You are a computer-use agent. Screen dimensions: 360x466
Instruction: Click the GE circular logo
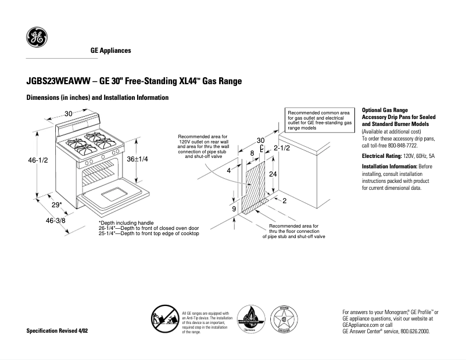click(x=37, y=38)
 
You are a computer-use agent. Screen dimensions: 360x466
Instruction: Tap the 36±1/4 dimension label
click(x=138, y=159)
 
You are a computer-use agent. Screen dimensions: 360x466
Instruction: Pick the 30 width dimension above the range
click(x=68, y=113)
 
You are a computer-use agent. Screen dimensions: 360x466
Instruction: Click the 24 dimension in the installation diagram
click(x=273, y=174)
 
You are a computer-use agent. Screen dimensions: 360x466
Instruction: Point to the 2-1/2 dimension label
click(x=282, y=148)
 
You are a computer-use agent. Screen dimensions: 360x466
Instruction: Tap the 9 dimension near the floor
click(x=234, y=208)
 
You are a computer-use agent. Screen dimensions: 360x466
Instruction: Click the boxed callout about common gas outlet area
click(x=319, y=119)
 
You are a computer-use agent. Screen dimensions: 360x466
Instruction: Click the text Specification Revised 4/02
click(x=59, y=330)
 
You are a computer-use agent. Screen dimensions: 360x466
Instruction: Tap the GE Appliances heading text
click(x=110, y=51)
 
